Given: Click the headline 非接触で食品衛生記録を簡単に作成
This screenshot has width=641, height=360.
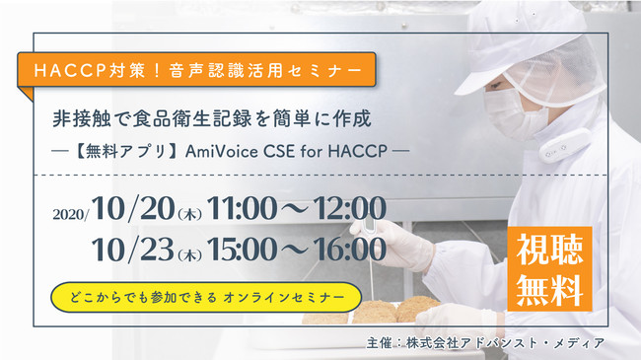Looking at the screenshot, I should (212, 120).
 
